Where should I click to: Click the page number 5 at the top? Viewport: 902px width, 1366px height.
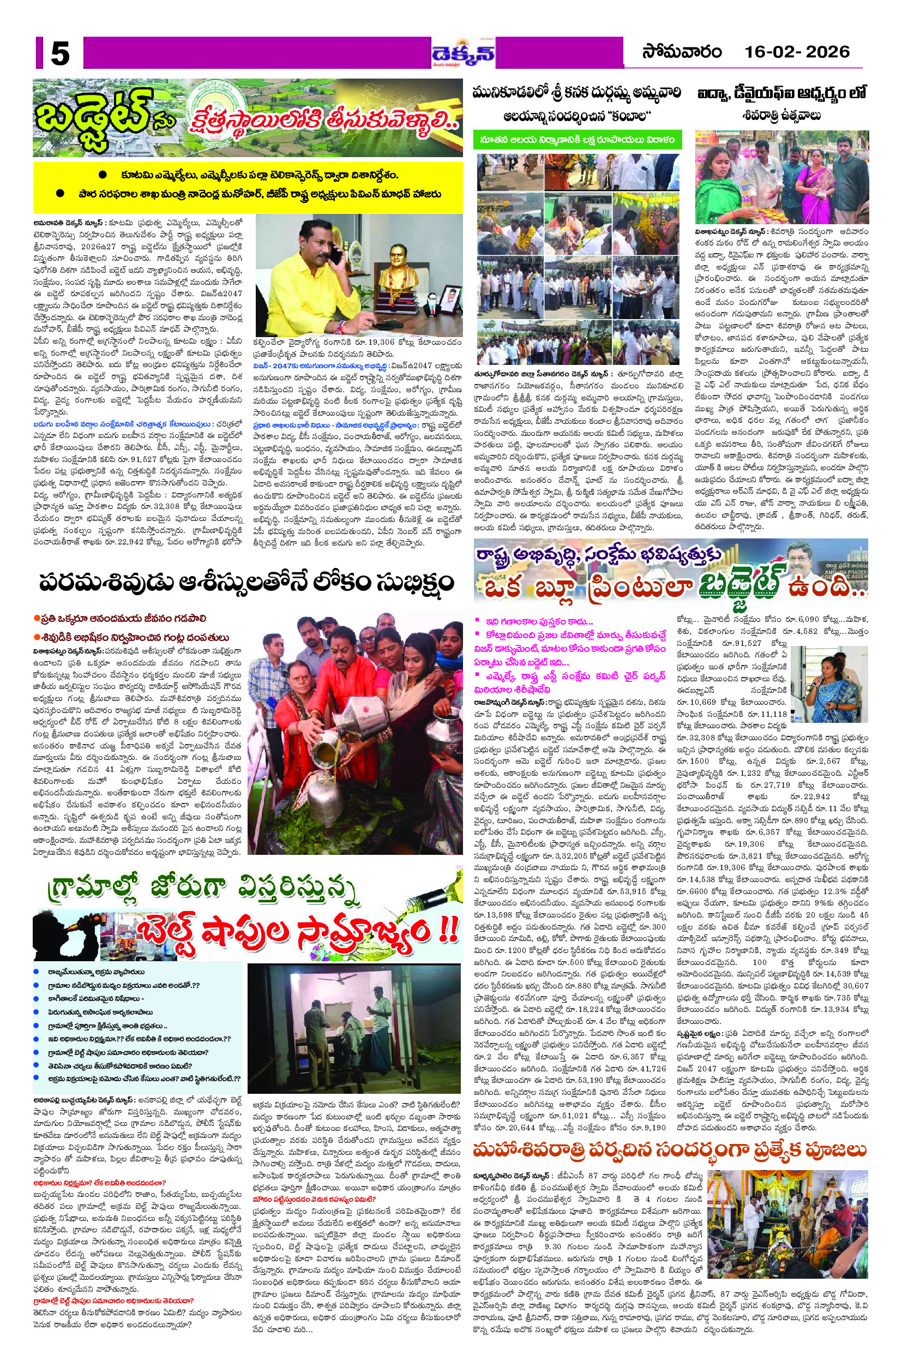(x=59, y=55)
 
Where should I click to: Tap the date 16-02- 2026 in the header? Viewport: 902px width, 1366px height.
(x=797, y=52)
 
